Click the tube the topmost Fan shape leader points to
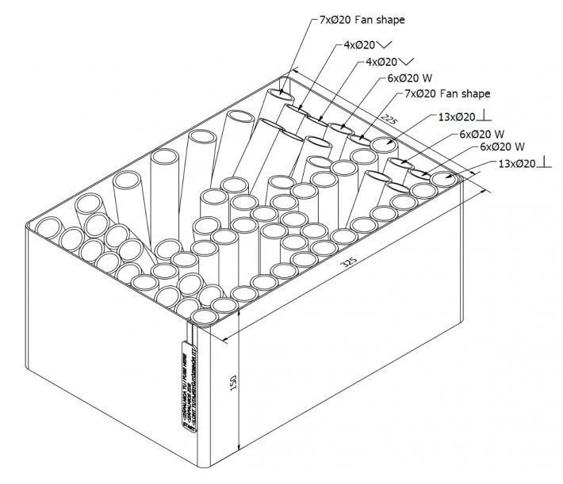(278, 95)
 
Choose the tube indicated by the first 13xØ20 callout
(383, 146)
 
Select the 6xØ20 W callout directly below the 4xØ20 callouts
(408, 78)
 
